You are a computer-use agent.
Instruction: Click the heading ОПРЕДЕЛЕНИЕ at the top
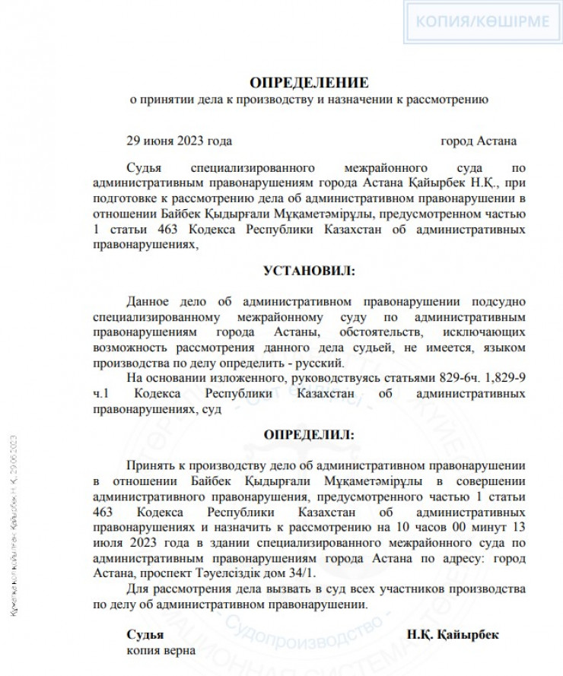[x=308, y=82]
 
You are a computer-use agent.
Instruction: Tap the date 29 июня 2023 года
[x=179, y=141]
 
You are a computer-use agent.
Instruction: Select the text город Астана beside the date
[x=479, y=141]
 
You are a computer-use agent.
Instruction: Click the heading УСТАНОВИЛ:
[x=308, y=271]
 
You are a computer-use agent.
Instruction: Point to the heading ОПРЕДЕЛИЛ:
[x=308, y=435]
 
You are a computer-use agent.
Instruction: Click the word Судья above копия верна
[x=145, y=634]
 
